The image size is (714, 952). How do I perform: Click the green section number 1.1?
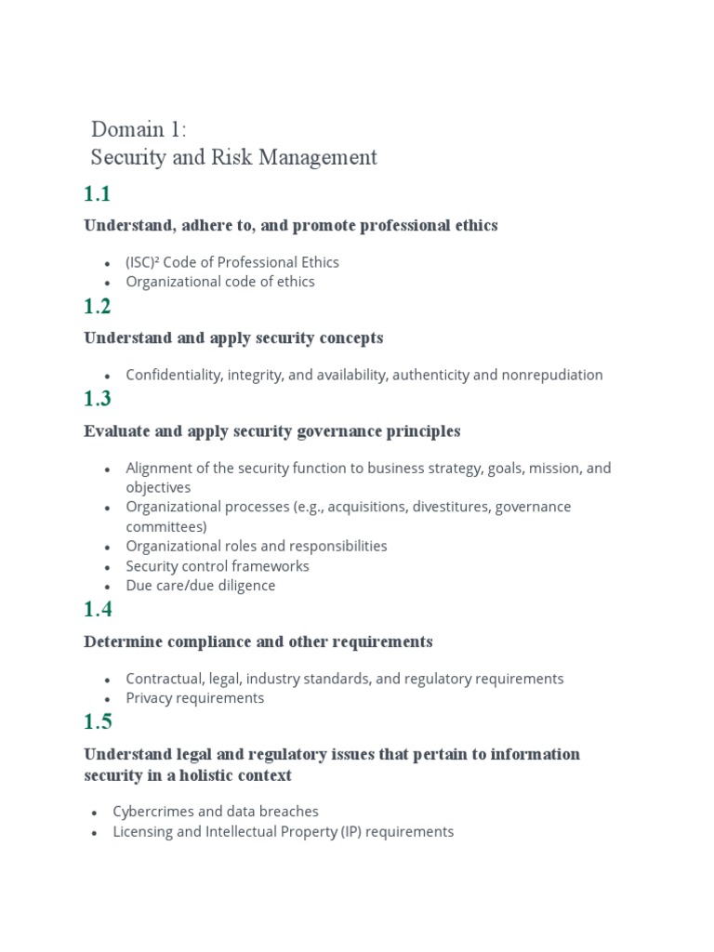point(97,194)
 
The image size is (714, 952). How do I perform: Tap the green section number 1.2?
point(97,307)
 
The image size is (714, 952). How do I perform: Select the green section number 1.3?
point(97,400)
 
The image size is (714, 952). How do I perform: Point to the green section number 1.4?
point(97,610)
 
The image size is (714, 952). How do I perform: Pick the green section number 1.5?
point(97,722)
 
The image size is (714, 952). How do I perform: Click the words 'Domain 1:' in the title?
point(139,129)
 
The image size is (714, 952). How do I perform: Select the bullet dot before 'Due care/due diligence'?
point(108,587)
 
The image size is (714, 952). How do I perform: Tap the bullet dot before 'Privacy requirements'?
point(108,699)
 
